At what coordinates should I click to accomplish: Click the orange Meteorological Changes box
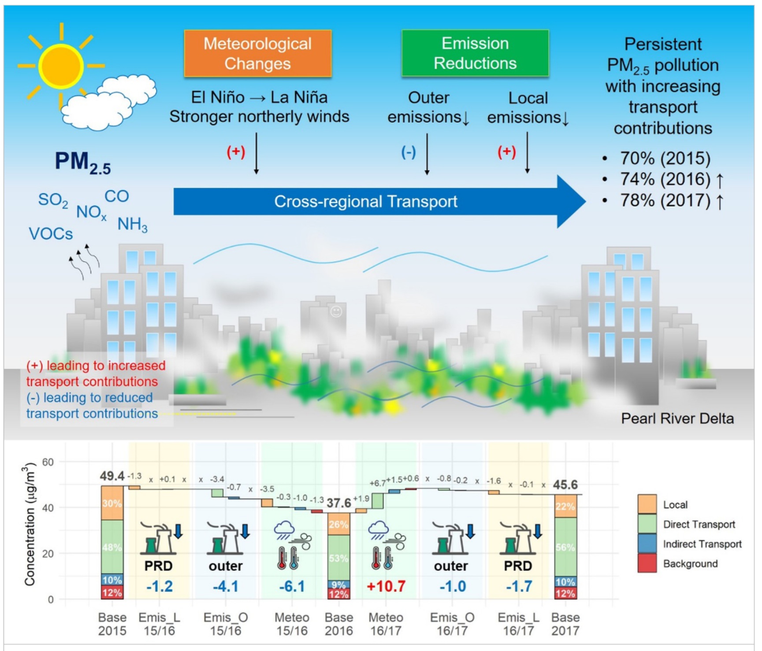[257, 53]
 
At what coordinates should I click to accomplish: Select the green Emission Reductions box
[475, 53]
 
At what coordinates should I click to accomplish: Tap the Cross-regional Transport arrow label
[365, 201]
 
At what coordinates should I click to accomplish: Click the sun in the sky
[61, 66]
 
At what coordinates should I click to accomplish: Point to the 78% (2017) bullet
[665, 200]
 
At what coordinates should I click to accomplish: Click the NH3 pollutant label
[132, 225]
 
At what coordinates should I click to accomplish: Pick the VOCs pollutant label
[51, 233]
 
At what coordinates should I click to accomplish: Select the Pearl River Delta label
[677, 418]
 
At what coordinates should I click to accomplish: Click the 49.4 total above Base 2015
[112, 476]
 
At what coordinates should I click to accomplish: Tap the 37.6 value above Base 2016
[338, 503]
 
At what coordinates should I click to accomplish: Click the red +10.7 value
[386, 586]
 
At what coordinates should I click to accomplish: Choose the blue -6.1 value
[292, 586]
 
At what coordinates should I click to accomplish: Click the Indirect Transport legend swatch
[647, 544]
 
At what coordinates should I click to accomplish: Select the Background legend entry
[690, 564]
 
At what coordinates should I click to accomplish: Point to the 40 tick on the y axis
[48, 508]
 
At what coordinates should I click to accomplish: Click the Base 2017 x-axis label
[565, 624]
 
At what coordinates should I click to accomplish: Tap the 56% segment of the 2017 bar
[565, 547]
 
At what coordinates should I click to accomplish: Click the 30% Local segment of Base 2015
[112, 503]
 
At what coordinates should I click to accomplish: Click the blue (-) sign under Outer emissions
[408, 152]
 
